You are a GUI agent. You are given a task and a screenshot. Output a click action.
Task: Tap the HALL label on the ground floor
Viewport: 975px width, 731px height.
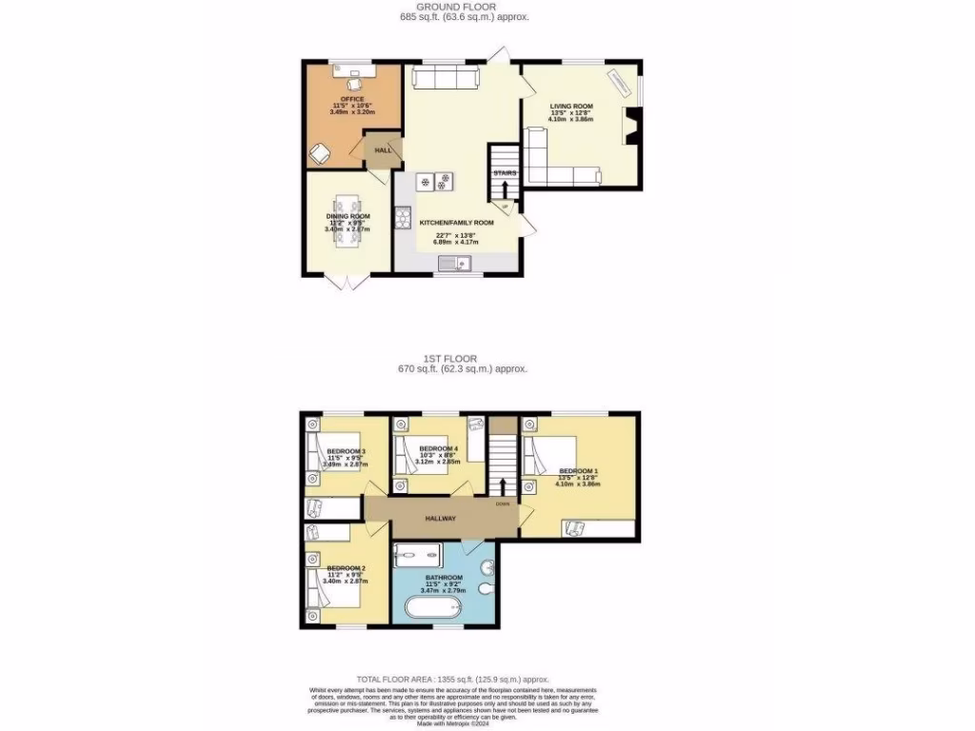click(x=383, y=150)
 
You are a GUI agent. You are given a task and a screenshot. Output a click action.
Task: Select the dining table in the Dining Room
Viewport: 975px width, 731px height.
click(x=348, y=219)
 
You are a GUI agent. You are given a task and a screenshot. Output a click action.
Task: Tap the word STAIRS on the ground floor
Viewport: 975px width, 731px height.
click(x=505, y=173)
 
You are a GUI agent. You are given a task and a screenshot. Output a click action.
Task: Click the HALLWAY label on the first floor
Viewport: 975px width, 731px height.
click(x=440, y=519)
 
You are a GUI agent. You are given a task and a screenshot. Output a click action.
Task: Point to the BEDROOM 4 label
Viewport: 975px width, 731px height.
click(x=439, y=447)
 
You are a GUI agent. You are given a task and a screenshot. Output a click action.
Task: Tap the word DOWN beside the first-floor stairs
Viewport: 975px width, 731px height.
click(x=502, y=504)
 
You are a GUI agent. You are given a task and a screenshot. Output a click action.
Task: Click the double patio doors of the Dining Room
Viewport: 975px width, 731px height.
click(x=341, y=282)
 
